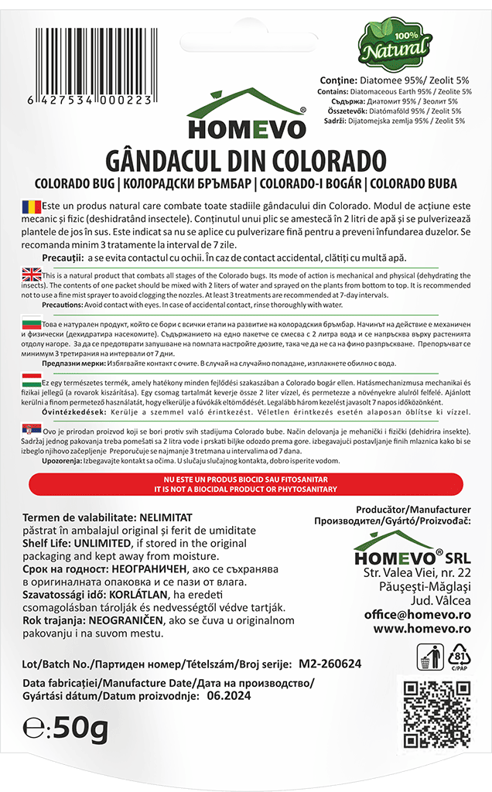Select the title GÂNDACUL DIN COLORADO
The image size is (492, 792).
click(x=245, y=160)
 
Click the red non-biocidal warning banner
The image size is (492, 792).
click(x=245, y=485)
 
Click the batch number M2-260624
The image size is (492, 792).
click(x=330, y=664)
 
